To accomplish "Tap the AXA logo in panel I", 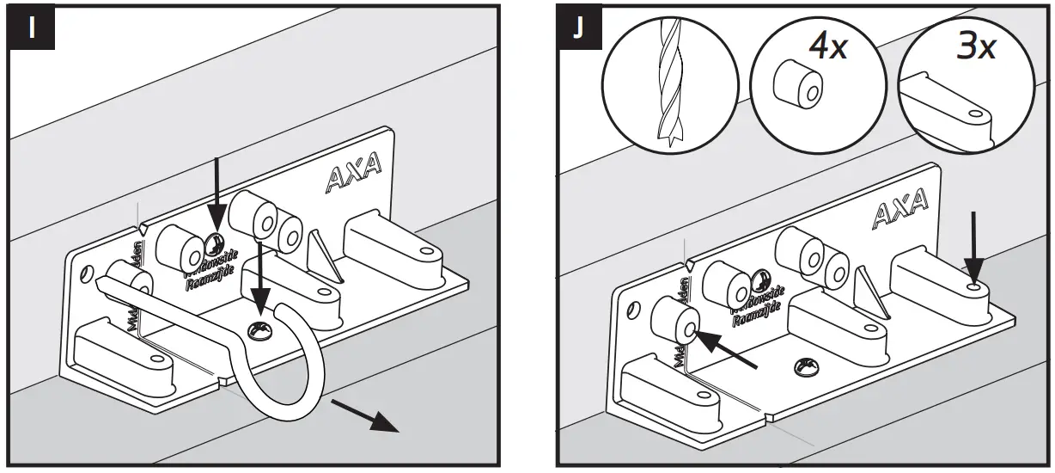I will (x=354, y=179).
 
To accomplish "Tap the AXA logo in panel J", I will (x=899, y=209).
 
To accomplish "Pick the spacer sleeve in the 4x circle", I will (x=796, y=85).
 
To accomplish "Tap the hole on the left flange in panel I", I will (x=85, y=274).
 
